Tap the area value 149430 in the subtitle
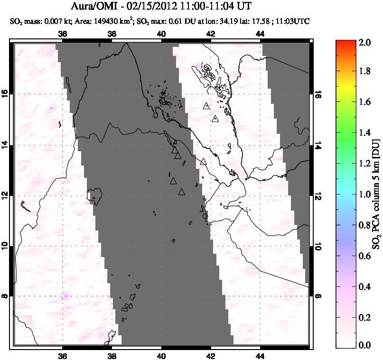[105, 21]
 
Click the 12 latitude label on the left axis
[6, 195]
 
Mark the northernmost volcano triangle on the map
[206, 106]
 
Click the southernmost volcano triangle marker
[181, 192]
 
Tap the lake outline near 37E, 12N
[97, 194]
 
